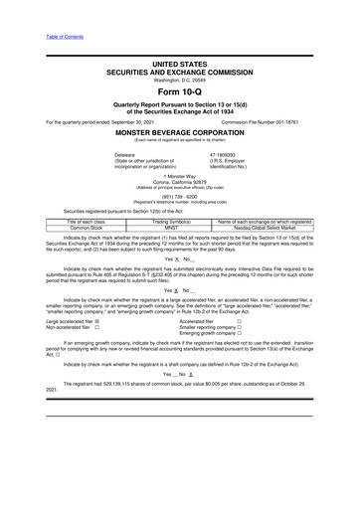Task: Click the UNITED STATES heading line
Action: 179,64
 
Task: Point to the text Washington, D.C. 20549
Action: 179,80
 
